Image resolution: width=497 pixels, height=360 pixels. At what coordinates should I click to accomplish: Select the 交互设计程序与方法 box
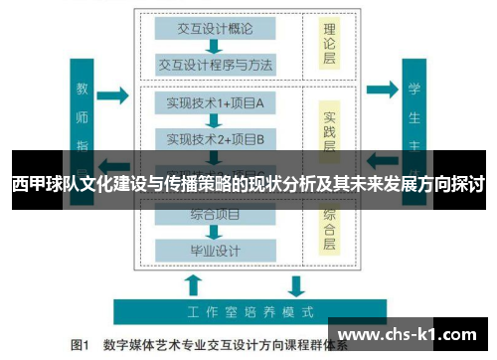point(213,66)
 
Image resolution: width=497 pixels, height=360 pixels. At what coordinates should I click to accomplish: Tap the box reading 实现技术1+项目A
point(213,103)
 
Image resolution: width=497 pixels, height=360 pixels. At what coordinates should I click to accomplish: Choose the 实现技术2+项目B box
point(213,138)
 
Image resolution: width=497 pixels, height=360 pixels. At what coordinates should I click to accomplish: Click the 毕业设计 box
point(213,249)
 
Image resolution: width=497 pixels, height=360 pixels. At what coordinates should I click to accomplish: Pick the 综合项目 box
point(213,212)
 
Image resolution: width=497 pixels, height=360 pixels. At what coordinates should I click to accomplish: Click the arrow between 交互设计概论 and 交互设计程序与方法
point(213,45)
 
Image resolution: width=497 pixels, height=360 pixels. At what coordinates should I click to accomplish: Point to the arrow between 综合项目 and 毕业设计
point(213,231)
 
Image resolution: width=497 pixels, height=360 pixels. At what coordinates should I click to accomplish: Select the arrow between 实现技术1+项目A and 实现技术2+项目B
point(213,120)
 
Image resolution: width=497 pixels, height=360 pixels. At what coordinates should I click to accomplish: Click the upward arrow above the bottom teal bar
point(192,286)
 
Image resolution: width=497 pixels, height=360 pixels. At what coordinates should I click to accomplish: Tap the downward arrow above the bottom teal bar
point(295,286)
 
